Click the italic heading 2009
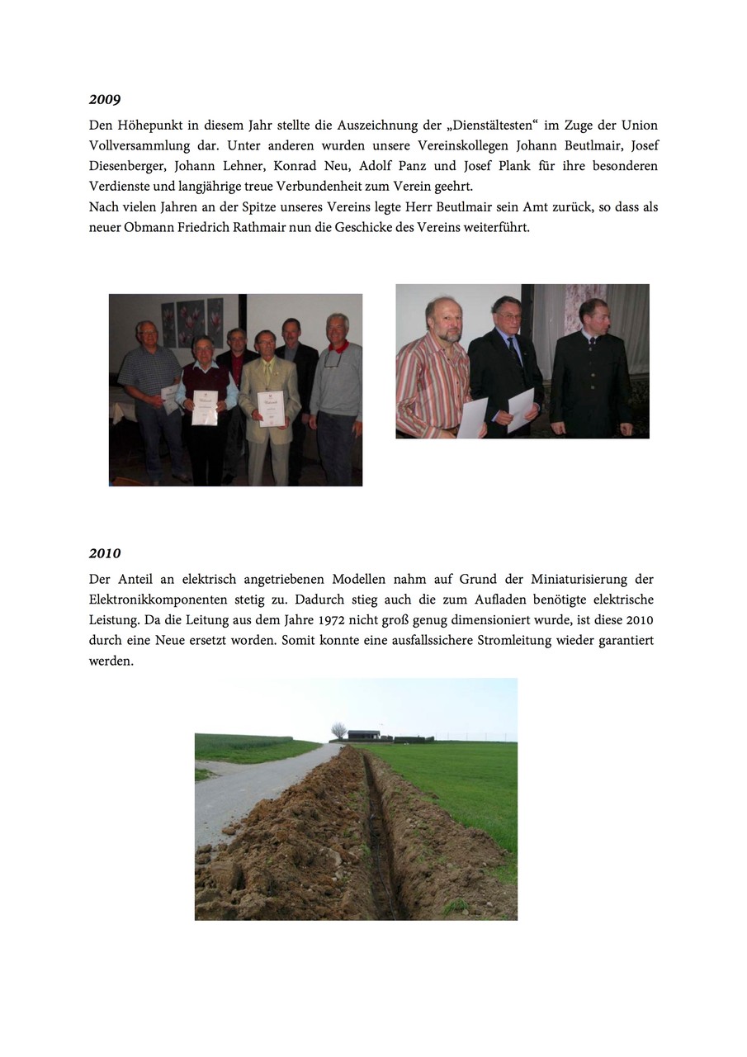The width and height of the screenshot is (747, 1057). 105,100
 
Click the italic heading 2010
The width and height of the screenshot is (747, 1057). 105,553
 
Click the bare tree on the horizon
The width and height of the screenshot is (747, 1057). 338,729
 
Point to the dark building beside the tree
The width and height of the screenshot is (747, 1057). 364,734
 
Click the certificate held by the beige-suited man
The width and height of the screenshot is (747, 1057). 271,408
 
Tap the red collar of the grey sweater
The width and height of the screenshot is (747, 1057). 336,347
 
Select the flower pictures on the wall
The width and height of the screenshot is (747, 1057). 191,322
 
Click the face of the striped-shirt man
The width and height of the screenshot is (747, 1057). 444,323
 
